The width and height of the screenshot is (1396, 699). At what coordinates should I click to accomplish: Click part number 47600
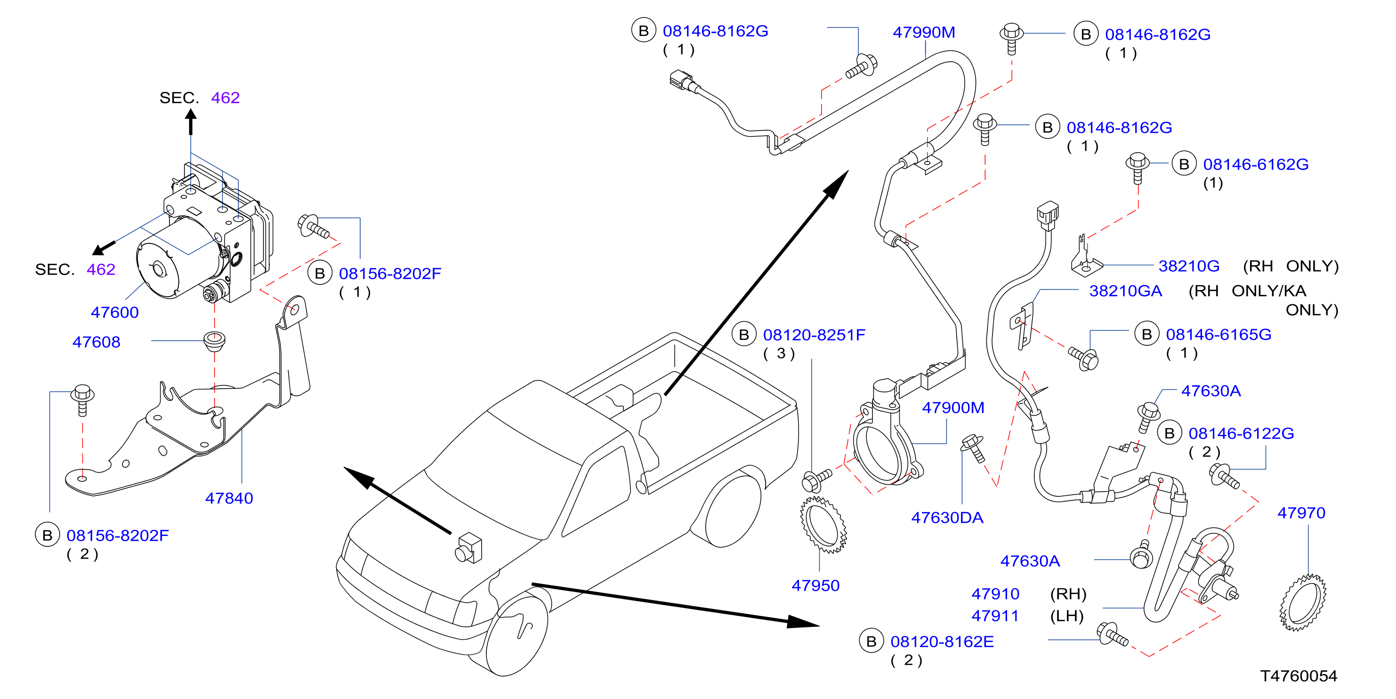114,312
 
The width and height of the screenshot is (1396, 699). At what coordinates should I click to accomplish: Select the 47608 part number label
97,342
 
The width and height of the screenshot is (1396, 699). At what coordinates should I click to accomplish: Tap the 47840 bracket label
229,498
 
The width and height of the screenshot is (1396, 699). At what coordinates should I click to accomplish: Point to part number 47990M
924,33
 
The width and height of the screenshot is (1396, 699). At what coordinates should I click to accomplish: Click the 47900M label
953,408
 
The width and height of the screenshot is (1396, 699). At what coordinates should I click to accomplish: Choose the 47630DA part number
947,518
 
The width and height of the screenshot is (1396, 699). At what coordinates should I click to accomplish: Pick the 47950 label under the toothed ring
815,585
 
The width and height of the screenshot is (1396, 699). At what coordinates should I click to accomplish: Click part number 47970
1301,513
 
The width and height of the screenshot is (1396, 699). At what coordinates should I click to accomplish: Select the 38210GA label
1126,291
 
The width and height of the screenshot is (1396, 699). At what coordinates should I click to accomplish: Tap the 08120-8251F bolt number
814,335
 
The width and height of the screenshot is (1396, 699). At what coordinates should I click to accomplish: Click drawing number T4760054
1299,676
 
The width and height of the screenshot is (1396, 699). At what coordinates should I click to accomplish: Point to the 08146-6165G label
1219,334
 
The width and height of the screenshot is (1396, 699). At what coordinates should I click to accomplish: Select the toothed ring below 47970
1303,603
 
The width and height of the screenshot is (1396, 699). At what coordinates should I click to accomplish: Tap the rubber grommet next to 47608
215,340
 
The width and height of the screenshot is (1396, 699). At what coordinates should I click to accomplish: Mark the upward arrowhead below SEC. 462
191,115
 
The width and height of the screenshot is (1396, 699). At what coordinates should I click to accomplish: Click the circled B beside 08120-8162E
871,642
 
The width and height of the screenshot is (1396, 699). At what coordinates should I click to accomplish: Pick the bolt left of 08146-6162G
1138,168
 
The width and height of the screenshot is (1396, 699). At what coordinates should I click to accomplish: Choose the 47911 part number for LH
995,617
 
